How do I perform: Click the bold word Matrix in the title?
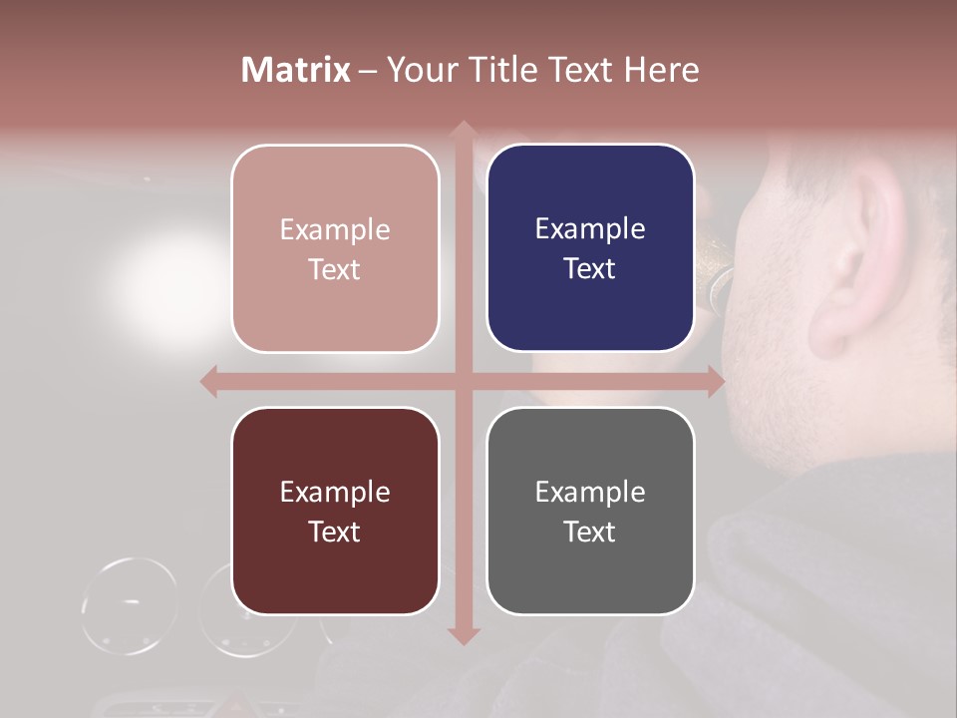tap(295, 70)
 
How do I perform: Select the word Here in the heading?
tap(661, 70)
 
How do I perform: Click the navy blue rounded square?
tap(590, 248)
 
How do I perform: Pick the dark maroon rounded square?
tap(335, 511)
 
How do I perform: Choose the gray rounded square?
tap(590, 511)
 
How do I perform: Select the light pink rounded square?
tap(335, 248)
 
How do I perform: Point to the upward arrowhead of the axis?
tap(463, 130)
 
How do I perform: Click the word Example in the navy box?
tap(590, 228)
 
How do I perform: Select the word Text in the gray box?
tap(590, 532)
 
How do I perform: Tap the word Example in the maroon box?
tap(335, 492)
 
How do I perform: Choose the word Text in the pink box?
tap(335, 269)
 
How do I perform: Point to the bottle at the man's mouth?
tap(717, 279)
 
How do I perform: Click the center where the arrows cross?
tap(463, 381)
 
